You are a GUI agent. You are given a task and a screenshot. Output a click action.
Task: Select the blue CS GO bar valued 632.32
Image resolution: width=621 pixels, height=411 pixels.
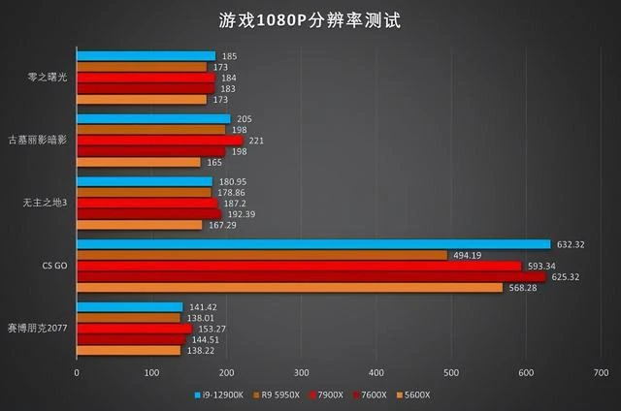click(312, 244)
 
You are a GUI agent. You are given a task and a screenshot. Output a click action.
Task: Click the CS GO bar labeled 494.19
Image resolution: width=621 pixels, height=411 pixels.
click(262, 255)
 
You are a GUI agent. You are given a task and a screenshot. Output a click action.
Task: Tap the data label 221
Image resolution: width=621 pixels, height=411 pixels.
click(257, 141)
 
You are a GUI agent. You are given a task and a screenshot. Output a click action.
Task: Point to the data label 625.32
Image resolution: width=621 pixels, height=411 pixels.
click(575, 276)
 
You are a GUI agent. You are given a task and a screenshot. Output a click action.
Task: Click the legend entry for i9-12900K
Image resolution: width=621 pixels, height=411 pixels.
click(218, 395)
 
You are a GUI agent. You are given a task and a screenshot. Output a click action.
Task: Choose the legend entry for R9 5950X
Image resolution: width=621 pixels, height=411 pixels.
click(278, 395)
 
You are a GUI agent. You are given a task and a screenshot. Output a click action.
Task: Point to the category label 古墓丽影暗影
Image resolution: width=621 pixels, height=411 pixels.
click(40, 141)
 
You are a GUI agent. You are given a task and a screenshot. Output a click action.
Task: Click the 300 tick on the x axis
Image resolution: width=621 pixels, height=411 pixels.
click(301, 372)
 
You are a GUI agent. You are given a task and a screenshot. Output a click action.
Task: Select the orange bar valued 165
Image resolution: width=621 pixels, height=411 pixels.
click(138, 162)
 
